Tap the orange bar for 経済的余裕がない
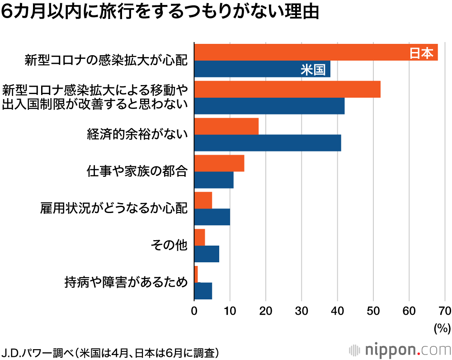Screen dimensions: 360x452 (x=226, y=127)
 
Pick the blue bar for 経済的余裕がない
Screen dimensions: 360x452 (x=267, y=143)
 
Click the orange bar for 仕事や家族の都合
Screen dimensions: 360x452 (x=219, y=163)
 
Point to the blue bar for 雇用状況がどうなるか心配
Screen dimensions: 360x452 (x=212, y=217)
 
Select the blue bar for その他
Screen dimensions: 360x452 (x=207, y=254)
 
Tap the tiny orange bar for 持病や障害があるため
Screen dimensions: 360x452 (x=196, y=275)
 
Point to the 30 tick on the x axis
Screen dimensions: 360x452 (x=301, y=311)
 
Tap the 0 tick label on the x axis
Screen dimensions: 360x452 (x=194, y=311)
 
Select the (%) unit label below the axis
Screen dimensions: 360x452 (x=442, y=328)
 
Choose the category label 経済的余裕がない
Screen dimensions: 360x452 (x=137, y=134)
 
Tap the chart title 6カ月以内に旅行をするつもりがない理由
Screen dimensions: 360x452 (x=160, y=12)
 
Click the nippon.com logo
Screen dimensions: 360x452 (x=400, y=349)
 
